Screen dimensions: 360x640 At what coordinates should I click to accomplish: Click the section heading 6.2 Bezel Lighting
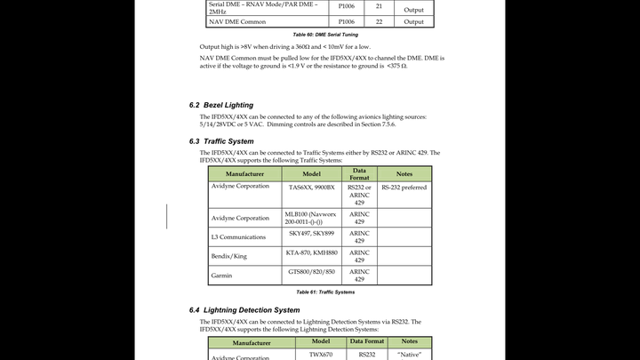[x=221, y=105]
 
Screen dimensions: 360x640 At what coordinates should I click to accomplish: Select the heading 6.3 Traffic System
[x=221, y=141]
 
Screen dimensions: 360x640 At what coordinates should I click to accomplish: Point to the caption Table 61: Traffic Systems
[x=325, y=292]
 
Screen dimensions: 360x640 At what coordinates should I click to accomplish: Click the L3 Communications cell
[x=239, y=237]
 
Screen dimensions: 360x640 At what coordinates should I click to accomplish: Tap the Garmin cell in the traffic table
[x=222, y=276]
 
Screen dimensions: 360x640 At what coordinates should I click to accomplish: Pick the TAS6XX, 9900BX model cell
[x=311, y=188]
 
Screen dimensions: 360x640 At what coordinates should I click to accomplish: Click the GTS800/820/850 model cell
[x=311, y=271]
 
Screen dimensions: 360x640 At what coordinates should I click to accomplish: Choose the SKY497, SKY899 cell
[x=311, y=233]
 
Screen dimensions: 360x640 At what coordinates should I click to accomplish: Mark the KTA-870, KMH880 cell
[x=311, y=252]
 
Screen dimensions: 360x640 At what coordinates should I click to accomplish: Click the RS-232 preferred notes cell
[x=404, y=188]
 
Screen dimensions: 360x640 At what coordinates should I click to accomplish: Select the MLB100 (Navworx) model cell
[x=311, y=218]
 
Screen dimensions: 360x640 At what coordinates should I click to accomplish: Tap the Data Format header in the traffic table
[x=359, y=173]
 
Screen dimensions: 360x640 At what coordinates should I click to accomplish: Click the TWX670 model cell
[x=320, y=355]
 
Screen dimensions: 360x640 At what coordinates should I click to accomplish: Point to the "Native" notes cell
[x=409, y=355]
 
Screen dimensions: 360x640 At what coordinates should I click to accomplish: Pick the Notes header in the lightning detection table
[x=409, y=341]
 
